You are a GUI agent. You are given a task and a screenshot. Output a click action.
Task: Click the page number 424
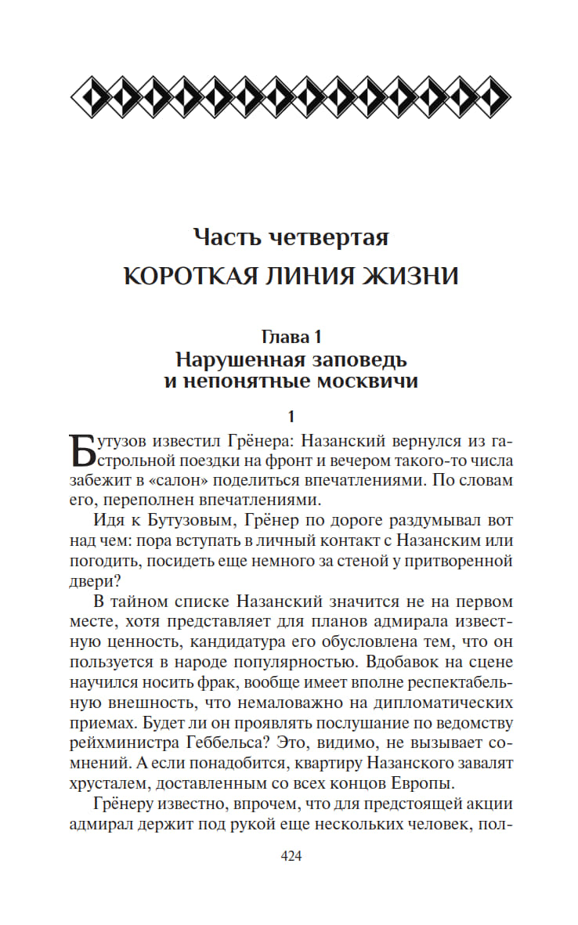click(x=291, y=855)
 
